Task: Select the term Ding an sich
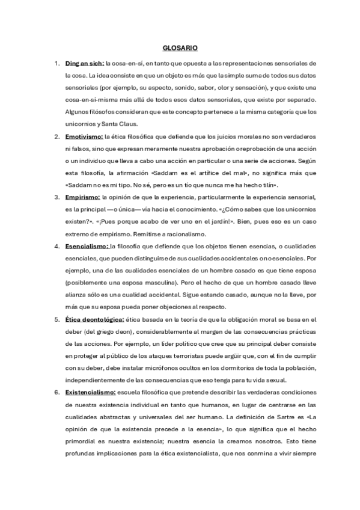(84, 63)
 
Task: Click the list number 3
(56, 196)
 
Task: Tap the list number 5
(56, 319)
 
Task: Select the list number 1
(56, 63)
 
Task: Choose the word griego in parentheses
(105, 331)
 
